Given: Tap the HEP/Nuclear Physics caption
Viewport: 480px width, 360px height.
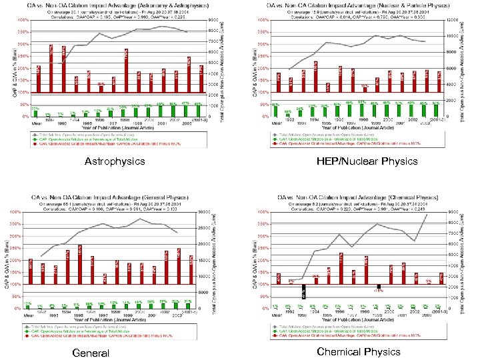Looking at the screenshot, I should (x=367, y=161).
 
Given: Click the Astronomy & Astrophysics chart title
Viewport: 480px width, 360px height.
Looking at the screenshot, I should (x=113, y=5).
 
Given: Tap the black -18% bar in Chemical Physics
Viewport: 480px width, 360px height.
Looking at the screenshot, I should (x=377, y=287).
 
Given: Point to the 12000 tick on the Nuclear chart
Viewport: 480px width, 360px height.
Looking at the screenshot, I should (x=450, y=20).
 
